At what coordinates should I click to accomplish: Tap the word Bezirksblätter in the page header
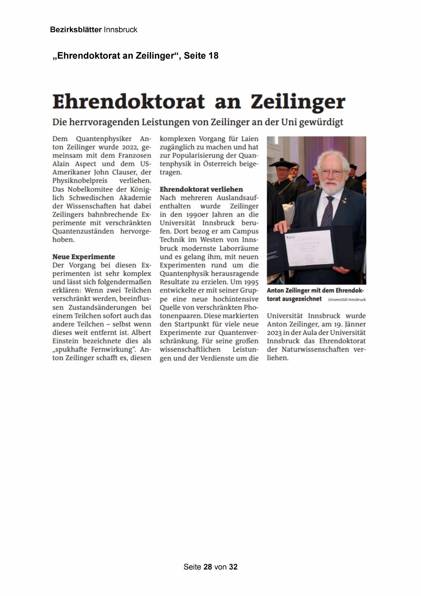[x=76, y=30]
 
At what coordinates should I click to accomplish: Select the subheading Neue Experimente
[x=83, y=257]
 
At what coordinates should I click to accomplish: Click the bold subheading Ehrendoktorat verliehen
[x=201, y=189]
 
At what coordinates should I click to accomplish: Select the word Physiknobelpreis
[x=80, y=180]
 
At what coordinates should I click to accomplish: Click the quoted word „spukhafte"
[x=70, y=349]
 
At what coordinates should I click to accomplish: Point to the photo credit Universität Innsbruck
[x=346, y=300]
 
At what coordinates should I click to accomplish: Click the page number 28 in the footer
[x=208, y=567]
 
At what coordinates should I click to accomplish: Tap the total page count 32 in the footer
[x=233, y=567]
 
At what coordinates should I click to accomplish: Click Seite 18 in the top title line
[x=201, y=56]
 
